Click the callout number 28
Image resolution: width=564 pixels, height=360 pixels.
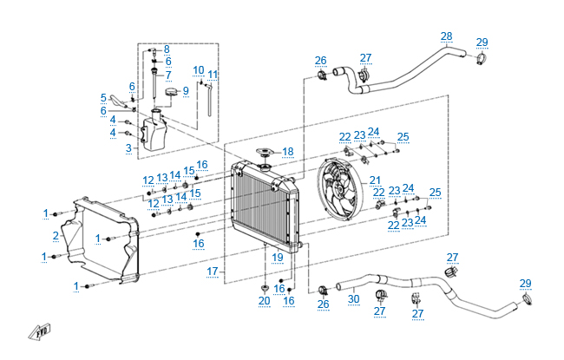[x=446, y=36]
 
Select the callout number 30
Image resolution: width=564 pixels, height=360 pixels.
[x=353, y=299]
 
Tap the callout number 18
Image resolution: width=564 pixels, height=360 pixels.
[x=287, y=151]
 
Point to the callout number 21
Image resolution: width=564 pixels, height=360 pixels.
[x=375, y=180]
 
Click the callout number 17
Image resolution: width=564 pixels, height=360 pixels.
[x=212, y=272]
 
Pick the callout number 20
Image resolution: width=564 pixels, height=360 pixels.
[x=264, y=301]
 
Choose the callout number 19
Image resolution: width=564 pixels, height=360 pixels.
[x=278, y=257]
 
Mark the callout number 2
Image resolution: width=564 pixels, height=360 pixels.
[x=56, y=235]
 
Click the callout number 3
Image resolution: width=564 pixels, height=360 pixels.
[x=128, y=148]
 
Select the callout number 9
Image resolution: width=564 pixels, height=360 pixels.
[x=185, y=91]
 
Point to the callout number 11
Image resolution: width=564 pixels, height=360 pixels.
[x=213, y=74]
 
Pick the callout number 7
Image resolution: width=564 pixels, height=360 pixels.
[x=168, y=75]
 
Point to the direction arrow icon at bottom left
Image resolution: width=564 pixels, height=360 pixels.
[x=38, y=330]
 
